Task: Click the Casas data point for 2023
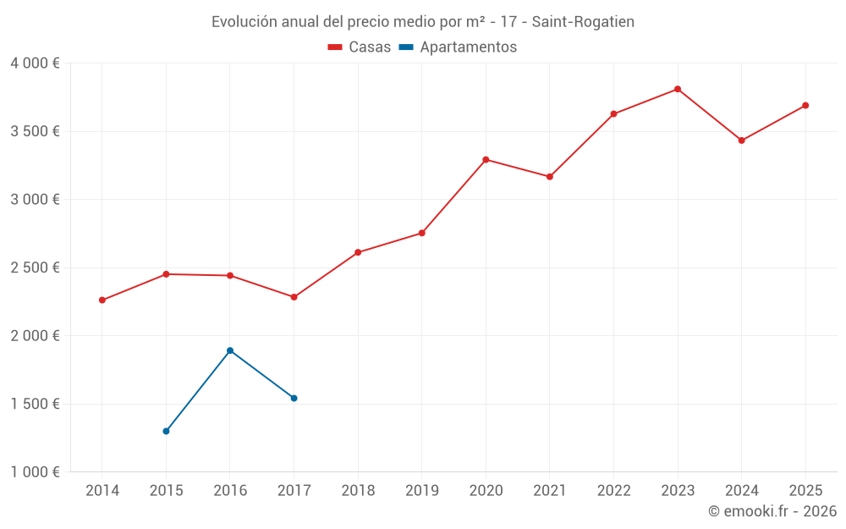pos(678,89)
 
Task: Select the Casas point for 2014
pos(102,300)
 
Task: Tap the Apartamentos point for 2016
pos(230,350)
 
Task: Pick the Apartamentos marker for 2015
pos(166,431)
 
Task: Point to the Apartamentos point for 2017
pos(294,398)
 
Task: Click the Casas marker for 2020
pos(486,160)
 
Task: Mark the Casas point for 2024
pos(741,141)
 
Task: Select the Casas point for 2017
pos(294,297)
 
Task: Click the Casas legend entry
pos(360,47)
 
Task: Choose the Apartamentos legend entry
pos(458,47)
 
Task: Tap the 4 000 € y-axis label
pos(35,63)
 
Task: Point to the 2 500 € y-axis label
pos(35,267)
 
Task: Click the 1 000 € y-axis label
pos(35,471)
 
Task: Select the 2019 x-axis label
pos(421,490)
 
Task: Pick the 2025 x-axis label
pos(805,490)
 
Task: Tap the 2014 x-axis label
pos(102,490)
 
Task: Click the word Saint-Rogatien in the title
pos(583,21)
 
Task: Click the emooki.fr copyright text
pos(772,511)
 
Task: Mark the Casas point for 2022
pos(613,113)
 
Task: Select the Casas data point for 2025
pos(805,106)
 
